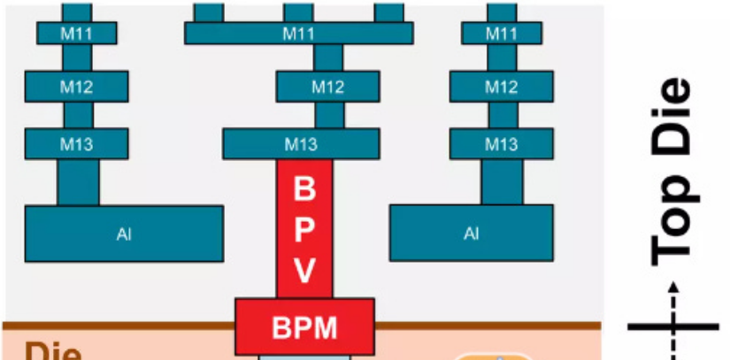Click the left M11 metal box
tap(77, 34)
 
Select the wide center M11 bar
tap(298, 34)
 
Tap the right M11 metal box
tap(502, 34)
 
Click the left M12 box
tap(77, 88)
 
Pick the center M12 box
tap(328, 88)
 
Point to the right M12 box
tap(502, 88)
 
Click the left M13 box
tap(77, 143)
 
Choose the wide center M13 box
tap(302, 143)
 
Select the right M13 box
tap(502, 143)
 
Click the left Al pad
tap(123, 234)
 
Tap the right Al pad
tap(472, 234)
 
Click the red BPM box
tap(304, 327)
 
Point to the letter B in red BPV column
tap(304, 188)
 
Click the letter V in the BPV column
tap(304, 270)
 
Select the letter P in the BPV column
tap(304, 229)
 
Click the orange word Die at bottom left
tap(49, 350)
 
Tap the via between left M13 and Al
tap(78, 181)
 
